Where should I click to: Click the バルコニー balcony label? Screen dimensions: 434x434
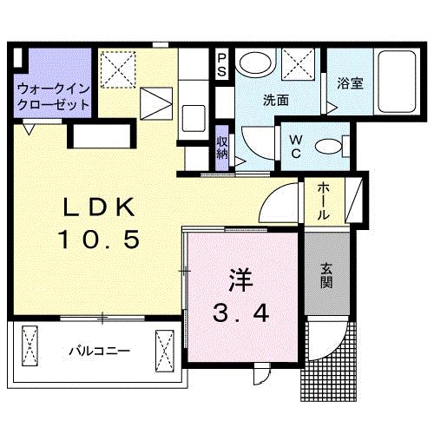[x=99, y=352]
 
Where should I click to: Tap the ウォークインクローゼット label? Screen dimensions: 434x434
[x=53, y=95]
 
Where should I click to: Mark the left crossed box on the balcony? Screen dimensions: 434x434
[x=31, y=347]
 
